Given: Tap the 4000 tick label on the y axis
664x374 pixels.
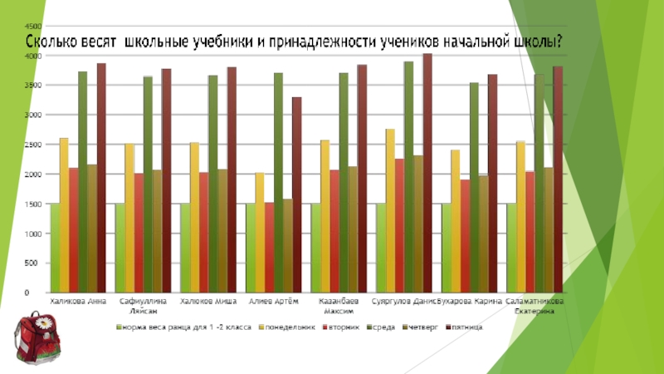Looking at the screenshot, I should pyautogui.click(x=31, y=56).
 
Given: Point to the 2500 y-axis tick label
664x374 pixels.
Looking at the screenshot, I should pyautogui.click(x=31, y=145).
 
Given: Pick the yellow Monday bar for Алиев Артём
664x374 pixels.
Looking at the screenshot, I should pyautogui.click(x=260, y=233).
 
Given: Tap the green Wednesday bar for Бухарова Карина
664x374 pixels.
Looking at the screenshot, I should pyautogui.click(x=474, y=187).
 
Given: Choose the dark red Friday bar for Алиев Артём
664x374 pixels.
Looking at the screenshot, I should pyautogui.click(x=296, y=194).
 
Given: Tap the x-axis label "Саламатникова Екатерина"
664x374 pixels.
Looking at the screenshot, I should pyautogui.click(x=534, y=306).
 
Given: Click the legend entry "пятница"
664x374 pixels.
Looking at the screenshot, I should pyautogui.click(x=465, y=327).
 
